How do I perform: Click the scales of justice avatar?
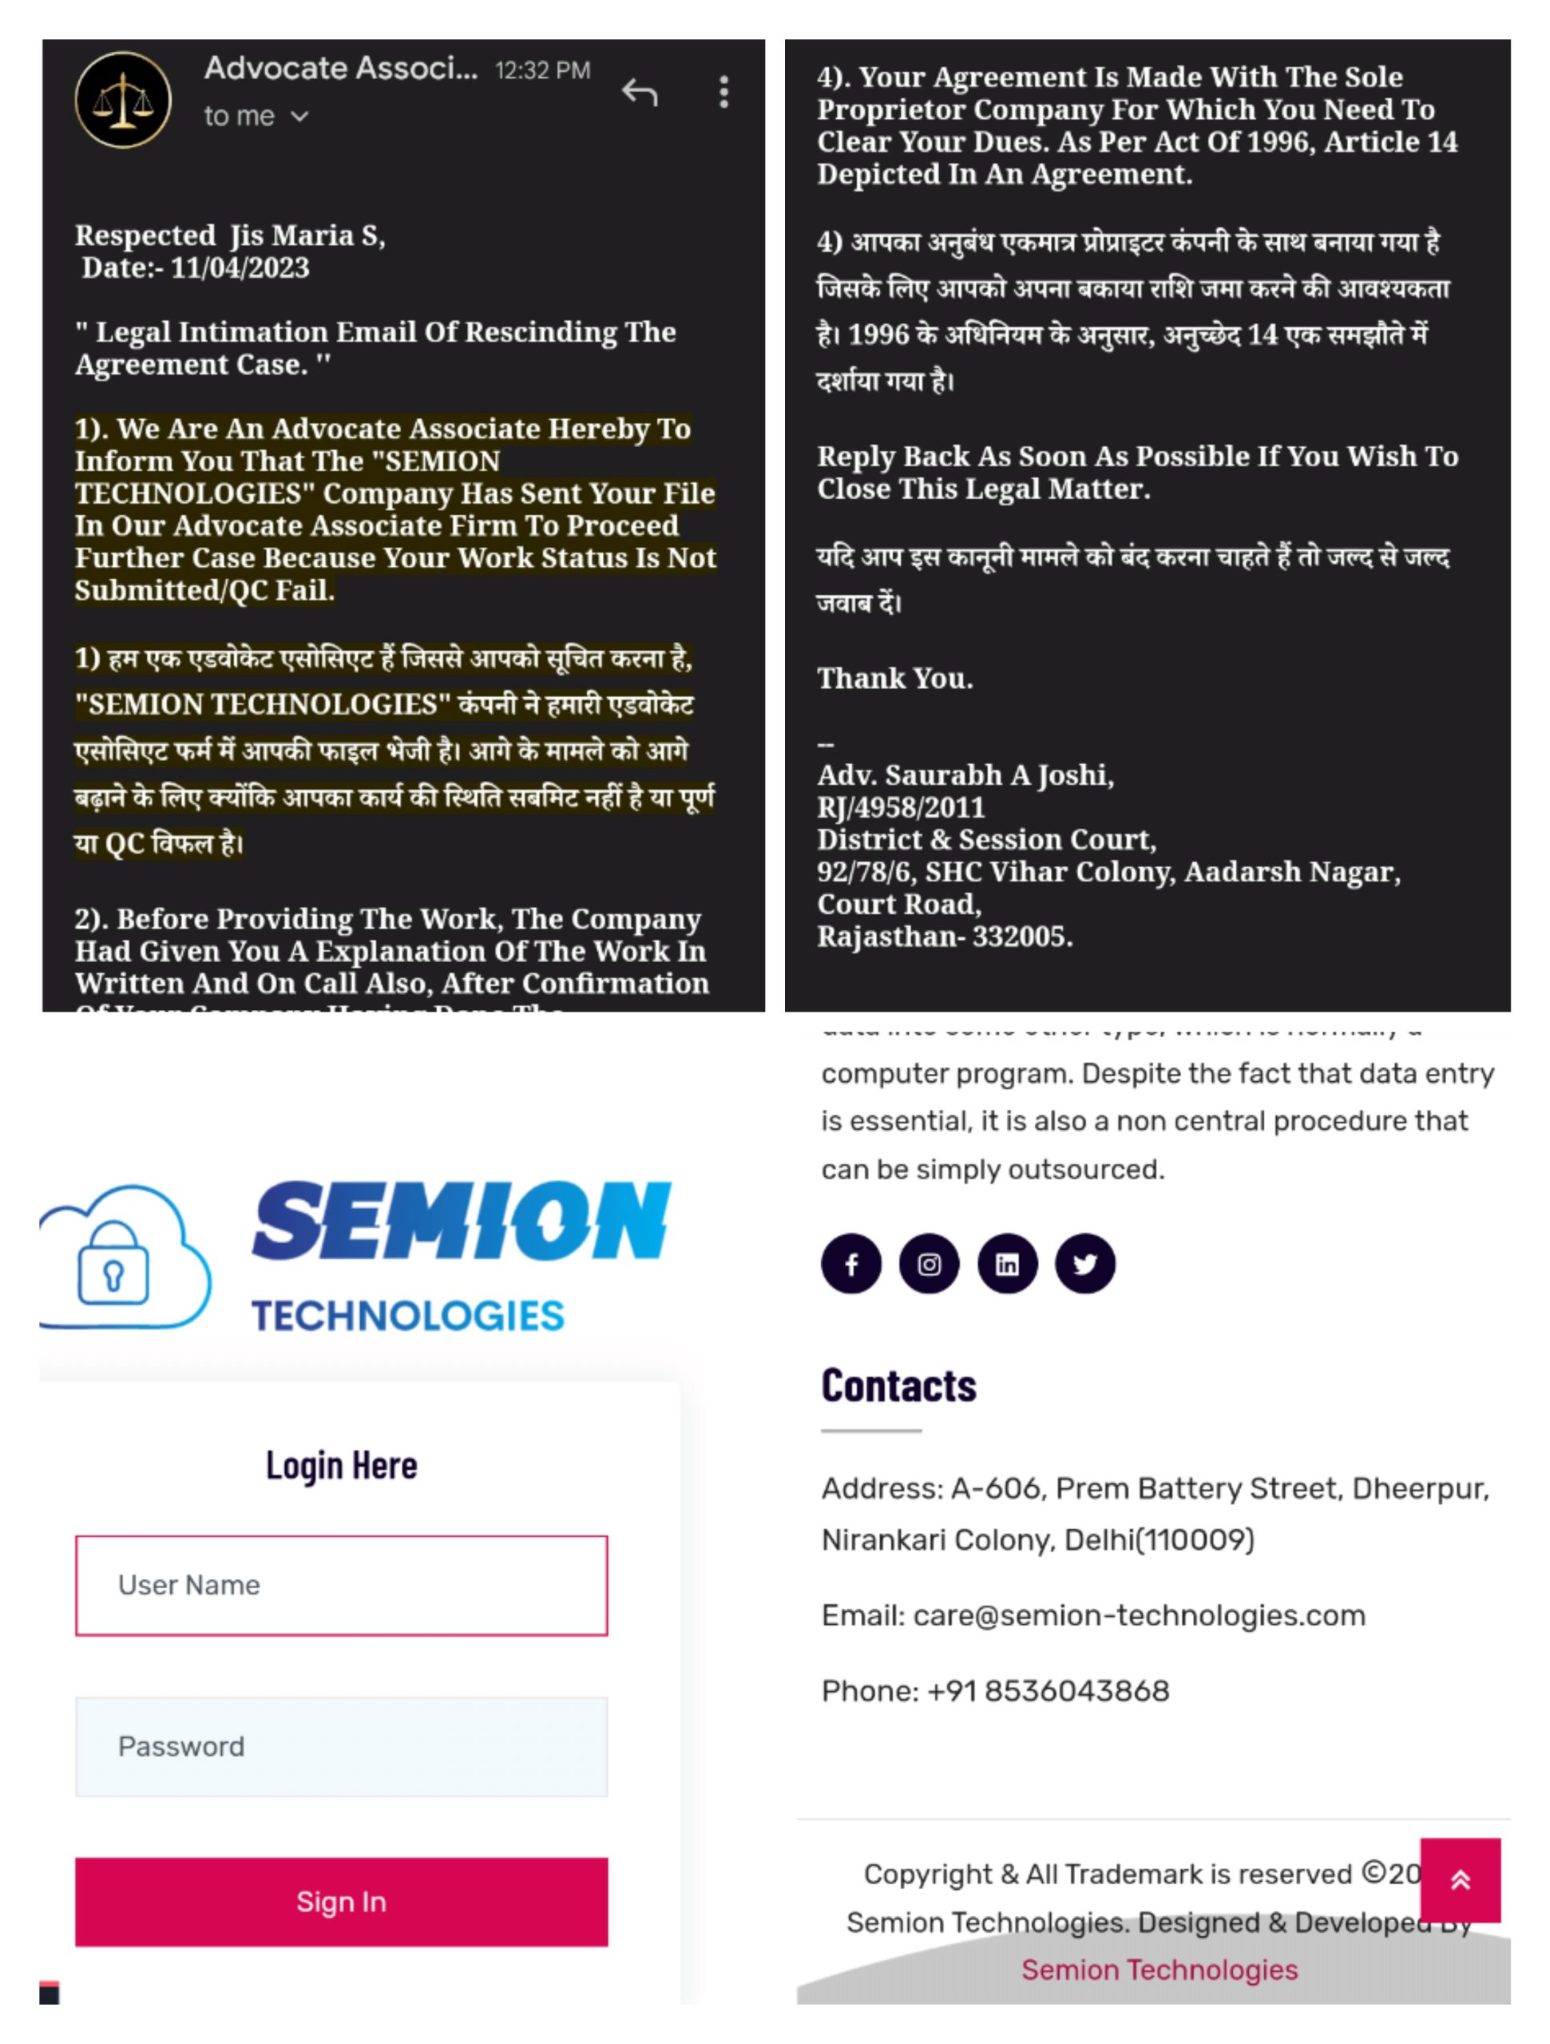123,100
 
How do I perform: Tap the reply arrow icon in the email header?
640,93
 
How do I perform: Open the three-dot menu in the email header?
723,93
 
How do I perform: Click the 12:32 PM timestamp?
542,71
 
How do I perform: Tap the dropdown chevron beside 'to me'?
299,117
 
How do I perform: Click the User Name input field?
341,1585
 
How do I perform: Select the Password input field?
341,1746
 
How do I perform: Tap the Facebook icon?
851,1263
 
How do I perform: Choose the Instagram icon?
929,1263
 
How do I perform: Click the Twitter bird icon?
1085,1263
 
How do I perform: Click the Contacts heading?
898,1386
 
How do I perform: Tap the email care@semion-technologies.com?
1139,1615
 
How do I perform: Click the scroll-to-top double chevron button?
1460,1880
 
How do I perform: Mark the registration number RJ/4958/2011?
901,808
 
